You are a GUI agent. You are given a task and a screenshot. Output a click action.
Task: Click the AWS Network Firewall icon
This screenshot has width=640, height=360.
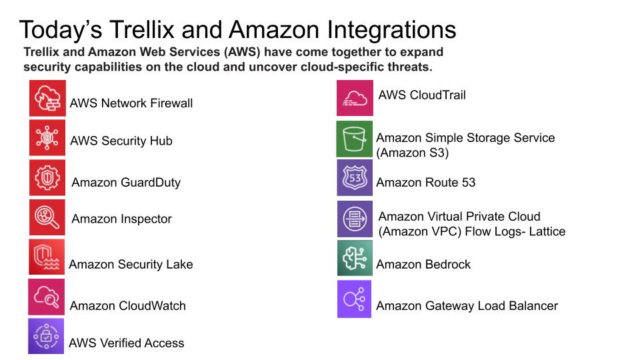tap(47, 98)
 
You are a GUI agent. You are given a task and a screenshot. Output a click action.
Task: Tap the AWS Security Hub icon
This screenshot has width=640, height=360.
tap(47, 138)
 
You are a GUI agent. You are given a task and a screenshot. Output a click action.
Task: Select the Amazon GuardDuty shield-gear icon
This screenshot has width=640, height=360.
tap(47, 178)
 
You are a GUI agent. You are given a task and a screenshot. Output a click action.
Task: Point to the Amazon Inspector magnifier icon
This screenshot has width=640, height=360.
tap(47, 217)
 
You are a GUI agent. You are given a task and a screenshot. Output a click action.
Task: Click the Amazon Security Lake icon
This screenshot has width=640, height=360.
tap(47, 257)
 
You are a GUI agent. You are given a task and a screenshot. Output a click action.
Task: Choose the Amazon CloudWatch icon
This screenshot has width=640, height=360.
tap(46, 297)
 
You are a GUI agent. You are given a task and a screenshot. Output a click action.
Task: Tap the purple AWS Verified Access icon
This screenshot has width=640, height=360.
tap(46, 336)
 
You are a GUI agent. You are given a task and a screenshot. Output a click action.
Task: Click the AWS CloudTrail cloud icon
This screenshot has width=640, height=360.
tap(355, 98)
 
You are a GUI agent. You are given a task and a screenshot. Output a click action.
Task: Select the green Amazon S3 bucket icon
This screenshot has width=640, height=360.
tap(354, 139)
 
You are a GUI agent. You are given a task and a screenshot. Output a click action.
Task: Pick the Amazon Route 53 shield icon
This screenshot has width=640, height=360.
tap(355, 178)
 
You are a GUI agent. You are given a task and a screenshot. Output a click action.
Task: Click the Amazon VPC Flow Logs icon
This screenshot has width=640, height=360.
tap(355, 219)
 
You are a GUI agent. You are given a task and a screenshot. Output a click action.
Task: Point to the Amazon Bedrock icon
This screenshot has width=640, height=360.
tap(355, 259)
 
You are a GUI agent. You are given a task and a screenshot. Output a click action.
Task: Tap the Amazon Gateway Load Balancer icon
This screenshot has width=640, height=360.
tap(355, 299)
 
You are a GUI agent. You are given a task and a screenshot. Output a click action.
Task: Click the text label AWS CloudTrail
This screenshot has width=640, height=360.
tap(422, 95)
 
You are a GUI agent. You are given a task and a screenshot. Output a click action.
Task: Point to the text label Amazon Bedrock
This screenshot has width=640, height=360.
tap(423, 265)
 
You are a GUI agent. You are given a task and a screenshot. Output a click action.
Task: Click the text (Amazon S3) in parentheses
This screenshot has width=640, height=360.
tap(413, 153)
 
